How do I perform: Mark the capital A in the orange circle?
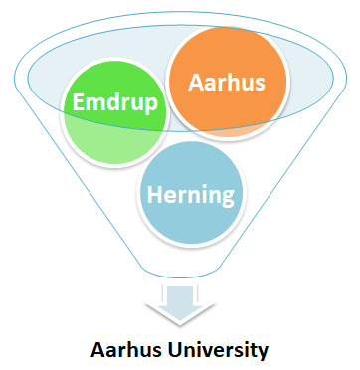click(x=195, y=81)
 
